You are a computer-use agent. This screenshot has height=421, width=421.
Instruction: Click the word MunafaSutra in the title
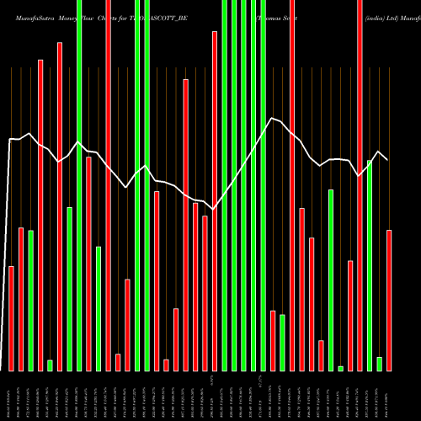click(30, 7)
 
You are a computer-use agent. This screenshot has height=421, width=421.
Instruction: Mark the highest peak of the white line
click(272, 119)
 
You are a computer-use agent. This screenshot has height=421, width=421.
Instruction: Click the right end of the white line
click(388, 160)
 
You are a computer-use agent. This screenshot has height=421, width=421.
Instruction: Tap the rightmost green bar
click(379, 364)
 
